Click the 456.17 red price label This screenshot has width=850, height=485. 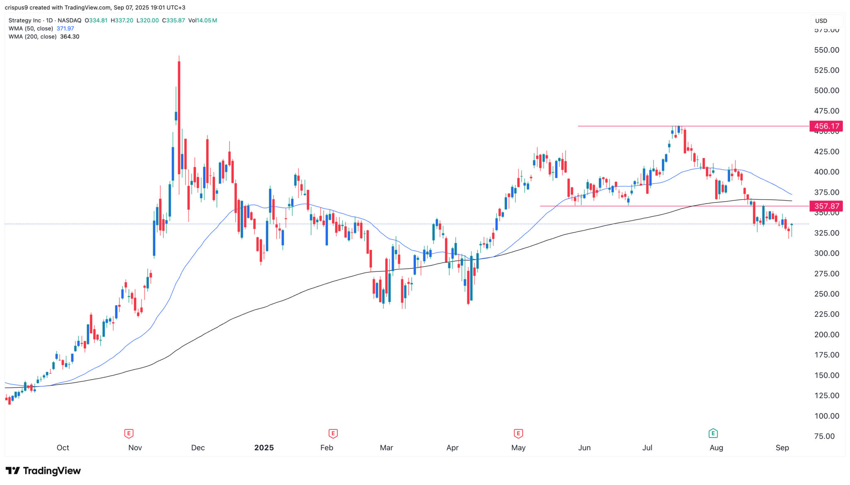[826, 126]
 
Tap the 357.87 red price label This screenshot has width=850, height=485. [826, 206]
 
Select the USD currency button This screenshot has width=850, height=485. [821, 21]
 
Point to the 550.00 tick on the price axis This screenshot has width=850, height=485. [826, 50]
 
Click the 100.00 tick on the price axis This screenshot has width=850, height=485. [826, 416]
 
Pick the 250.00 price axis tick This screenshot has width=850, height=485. [826, 294]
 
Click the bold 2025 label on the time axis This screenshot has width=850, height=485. [264, 448]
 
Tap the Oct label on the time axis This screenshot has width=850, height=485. [63, 448]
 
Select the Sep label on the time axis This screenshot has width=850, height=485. [782, 448]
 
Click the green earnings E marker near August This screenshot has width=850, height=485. [713, 434]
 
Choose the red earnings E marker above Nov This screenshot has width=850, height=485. [129, 434]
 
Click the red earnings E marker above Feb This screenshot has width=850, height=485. [332, 434]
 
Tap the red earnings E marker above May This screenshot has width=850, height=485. [518, 434]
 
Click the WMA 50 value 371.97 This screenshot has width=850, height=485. [65, 29]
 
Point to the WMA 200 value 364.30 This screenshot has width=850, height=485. [69, 37]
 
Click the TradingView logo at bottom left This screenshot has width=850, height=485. [43, 470]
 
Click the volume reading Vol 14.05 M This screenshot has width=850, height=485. [203, 20]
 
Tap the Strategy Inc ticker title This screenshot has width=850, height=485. [25, 20]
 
